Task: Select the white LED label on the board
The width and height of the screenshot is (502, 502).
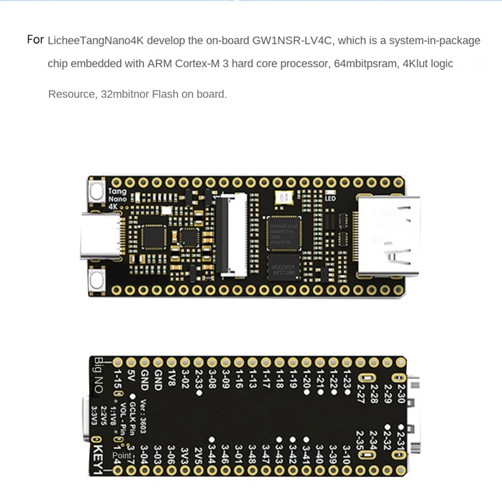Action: [331, 198]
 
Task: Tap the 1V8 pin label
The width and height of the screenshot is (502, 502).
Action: [171, 378]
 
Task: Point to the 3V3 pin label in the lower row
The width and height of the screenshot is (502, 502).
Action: [184, 453]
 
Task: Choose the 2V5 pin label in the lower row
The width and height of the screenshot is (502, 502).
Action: [198, 453]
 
